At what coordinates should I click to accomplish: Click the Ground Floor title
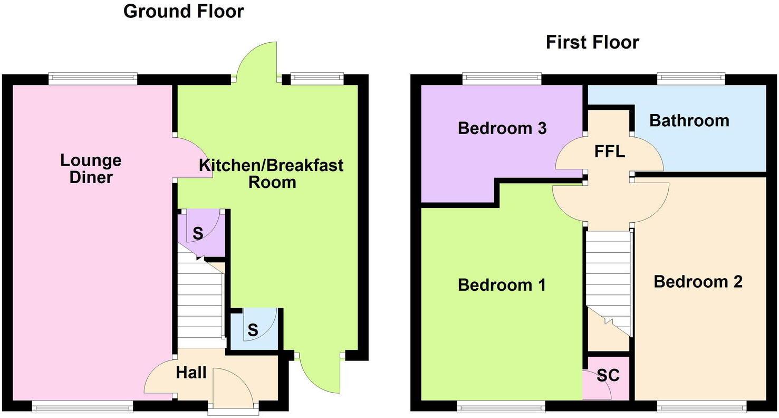tap(184, 11)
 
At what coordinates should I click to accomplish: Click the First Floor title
tap(592, 42)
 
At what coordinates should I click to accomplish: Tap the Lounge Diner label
tap(90, 168)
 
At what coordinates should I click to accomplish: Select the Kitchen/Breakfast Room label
tap(271, 174)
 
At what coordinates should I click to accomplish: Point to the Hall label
tap(191, 373)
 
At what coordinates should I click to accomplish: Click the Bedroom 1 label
tap(502, 285)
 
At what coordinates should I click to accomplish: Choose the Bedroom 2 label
tap(698, 281)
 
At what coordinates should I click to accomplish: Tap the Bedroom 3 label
tap(502, 128)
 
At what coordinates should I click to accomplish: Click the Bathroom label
tap(689, 120)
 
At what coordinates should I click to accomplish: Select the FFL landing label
tap(609, 152)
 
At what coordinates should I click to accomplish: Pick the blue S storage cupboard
tap(253, 330)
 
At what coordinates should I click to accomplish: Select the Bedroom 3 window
tap(502, 79)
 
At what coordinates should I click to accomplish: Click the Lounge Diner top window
tap(93, 79)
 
